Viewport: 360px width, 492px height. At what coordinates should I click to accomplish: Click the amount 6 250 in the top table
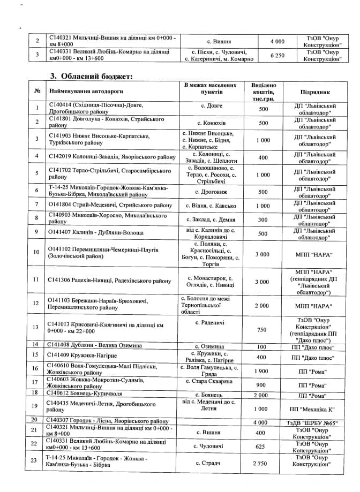click(x=277, y=56)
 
